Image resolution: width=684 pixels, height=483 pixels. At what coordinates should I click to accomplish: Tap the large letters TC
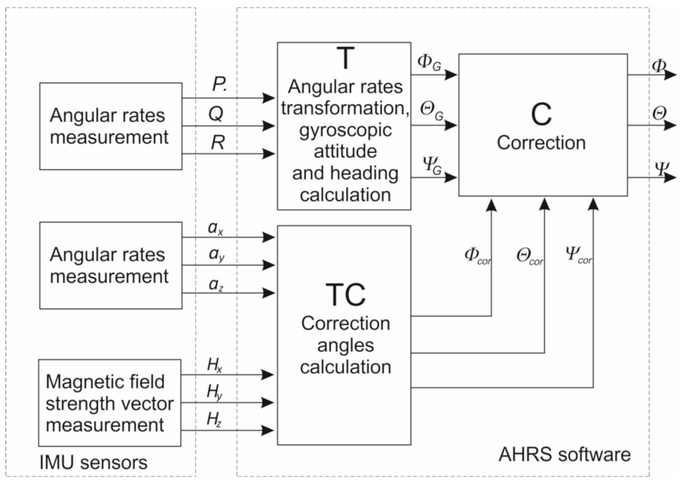point(345,295)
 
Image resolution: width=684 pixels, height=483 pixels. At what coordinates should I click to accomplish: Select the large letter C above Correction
point(541,115)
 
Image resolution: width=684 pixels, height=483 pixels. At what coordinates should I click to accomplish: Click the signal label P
point(219,84)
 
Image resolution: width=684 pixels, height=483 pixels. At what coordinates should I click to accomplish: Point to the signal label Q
point(216,114)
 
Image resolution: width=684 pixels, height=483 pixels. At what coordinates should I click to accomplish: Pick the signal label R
point(217,142)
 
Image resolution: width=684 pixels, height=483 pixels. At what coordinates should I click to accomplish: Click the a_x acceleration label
point(215,228)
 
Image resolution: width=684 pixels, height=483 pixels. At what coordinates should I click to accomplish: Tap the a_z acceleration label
point(216,285)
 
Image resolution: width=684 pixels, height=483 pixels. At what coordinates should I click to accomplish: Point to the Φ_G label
point(429,63)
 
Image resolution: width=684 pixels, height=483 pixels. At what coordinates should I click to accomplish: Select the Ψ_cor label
point(578,255)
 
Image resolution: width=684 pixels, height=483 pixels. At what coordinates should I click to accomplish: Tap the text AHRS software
point(565,455)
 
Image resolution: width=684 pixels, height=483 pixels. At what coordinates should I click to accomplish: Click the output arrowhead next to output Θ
point(670,125)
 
